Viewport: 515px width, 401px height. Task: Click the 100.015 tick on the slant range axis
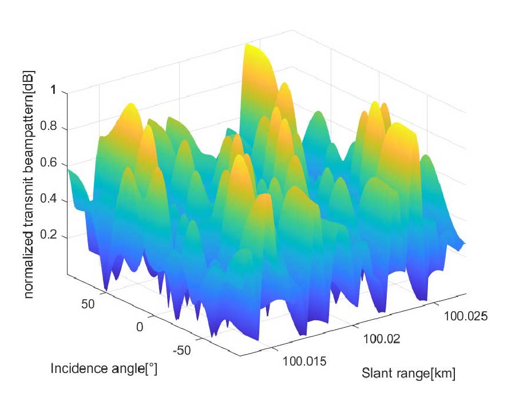point(303,361)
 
